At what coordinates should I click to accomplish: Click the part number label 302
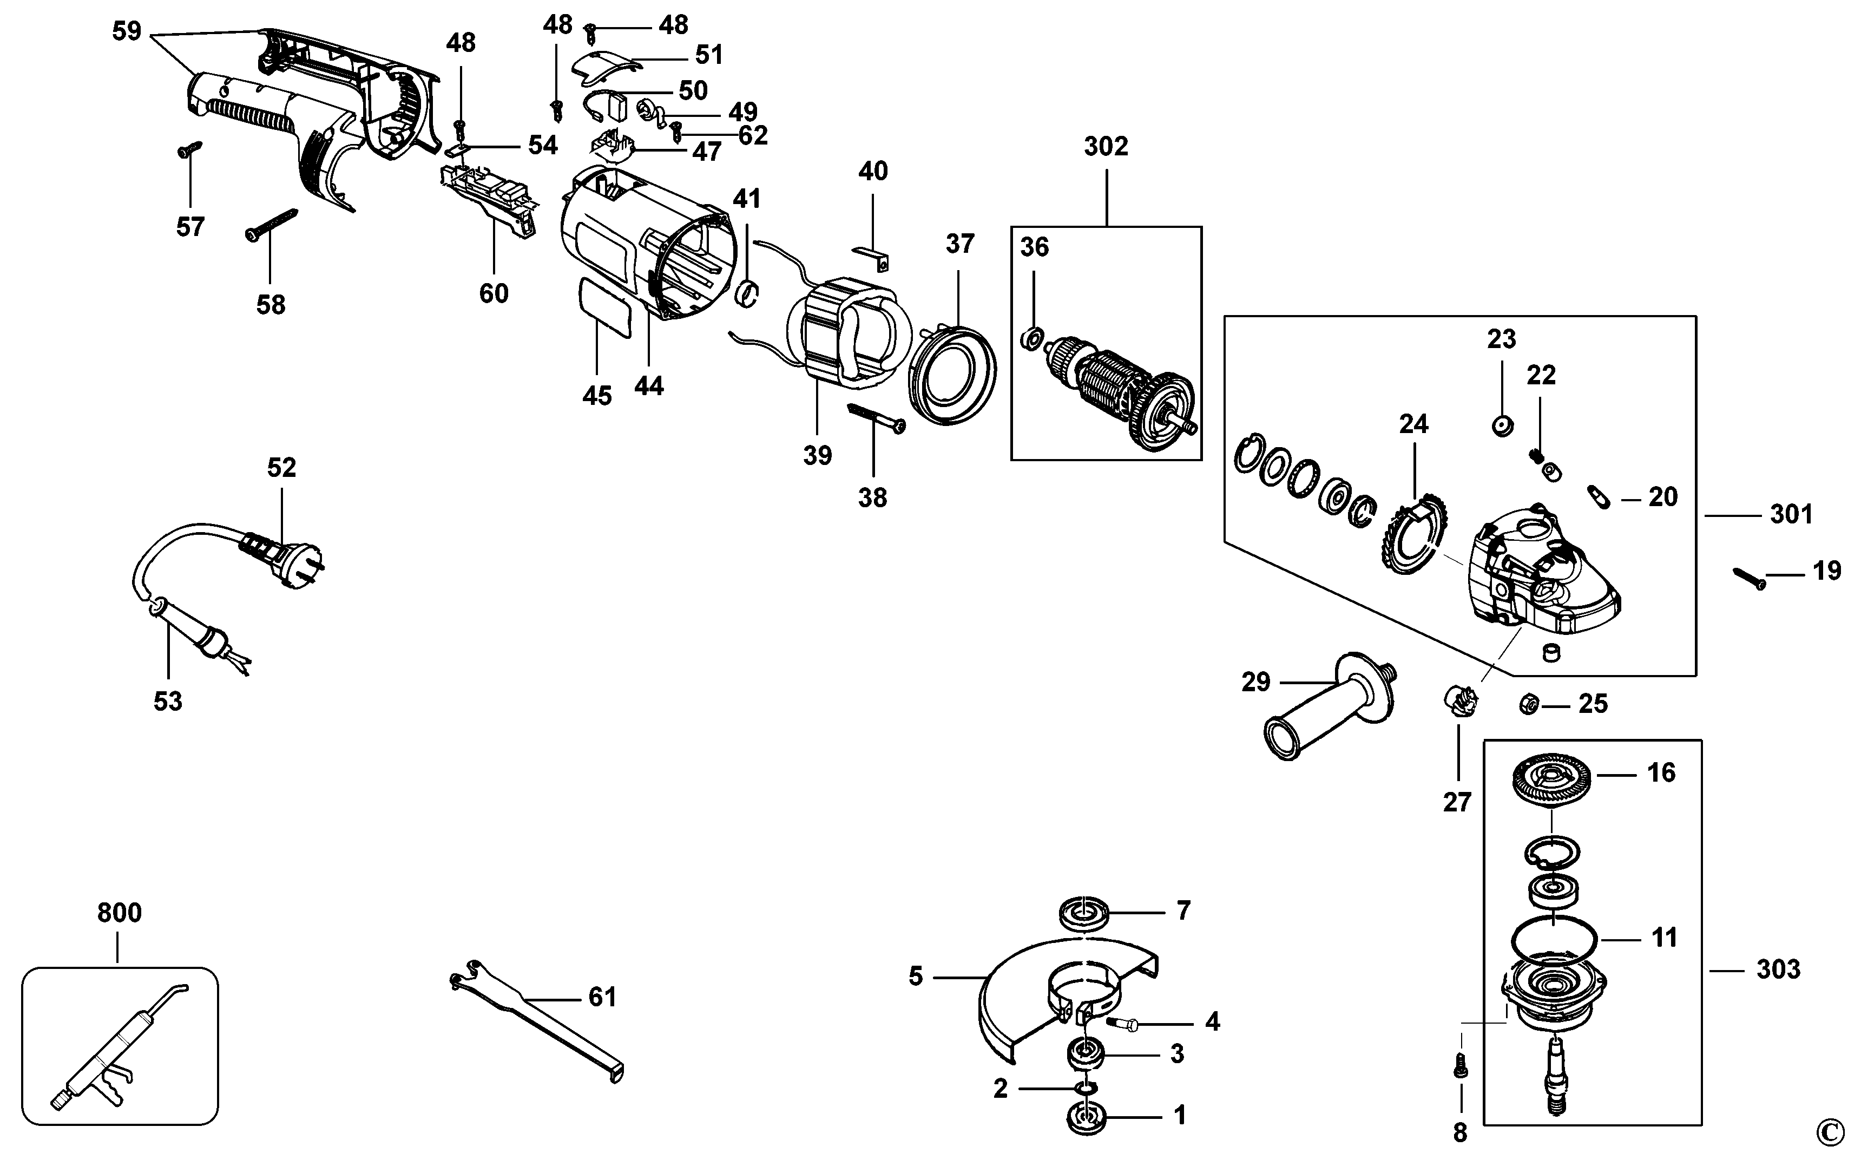coord(1106,146)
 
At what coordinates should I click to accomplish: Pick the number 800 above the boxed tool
coord(120,912)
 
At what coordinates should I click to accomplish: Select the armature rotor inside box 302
coord(1120,397)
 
